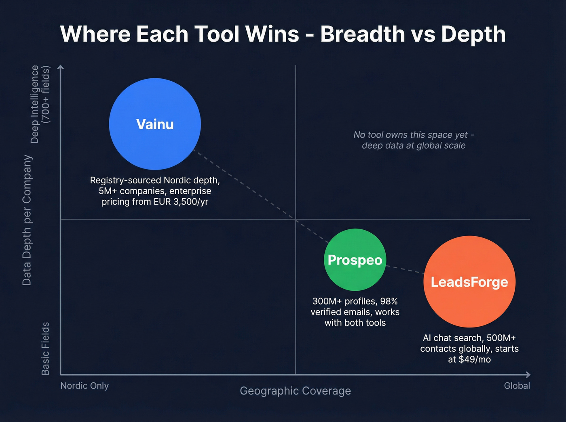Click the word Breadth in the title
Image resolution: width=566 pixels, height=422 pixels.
[363, 34]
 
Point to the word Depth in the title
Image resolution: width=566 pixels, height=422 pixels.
[473, 34]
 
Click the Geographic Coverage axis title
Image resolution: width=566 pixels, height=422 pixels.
[295, 391]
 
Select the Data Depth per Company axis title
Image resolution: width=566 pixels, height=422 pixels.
[27, 220]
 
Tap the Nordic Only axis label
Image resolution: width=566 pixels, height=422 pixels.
[84, 386]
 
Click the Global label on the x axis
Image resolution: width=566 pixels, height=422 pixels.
[517, 386]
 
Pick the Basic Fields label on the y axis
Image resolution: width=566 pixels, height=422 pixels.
[45, 348]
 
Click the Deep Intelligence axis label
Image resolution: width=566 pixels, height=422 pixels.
[35, 104]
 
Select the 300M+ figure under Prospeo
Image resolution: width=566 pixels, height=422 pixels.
[327, 301]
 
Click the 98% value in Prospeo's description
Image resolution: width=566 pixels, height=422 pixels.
[389, 301]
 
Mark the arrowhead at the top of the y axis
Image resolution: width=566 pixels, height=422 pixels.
[61, 67]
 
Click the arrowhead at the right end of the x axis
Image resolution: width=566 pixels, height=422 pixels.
[527, 375]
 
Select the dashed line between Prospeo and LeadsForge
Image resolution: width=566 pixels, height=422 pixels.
[404, 269]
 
